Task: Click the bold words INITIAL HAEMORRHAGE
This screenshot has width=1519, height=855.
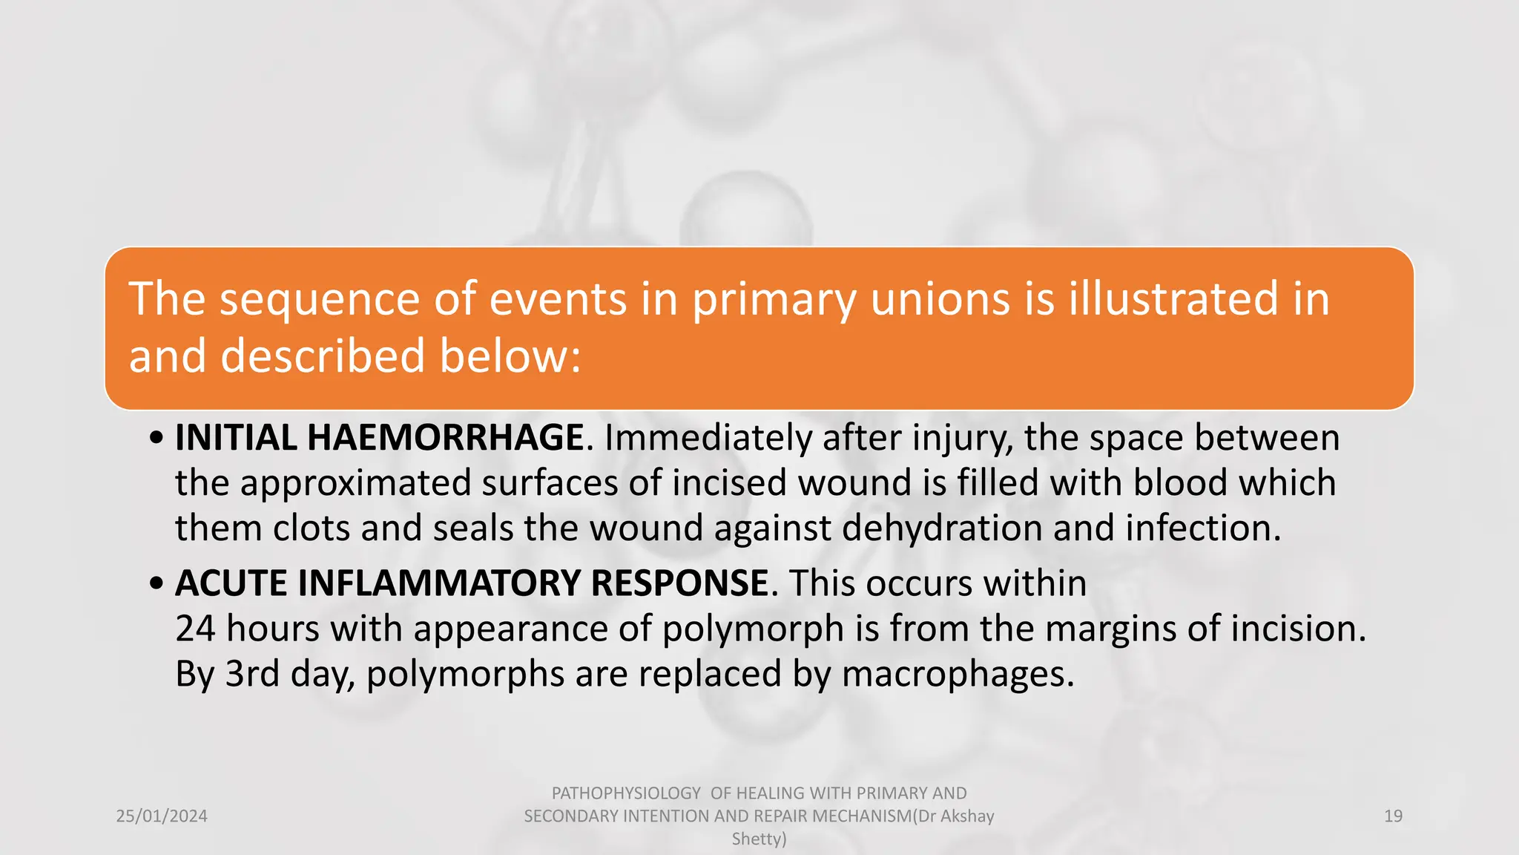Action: coord(379,437)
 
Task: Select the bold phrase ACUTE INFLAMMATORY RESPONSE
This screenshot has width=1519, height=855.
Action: coord(472,583)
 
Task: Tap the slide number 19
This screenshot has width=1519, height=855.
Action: coord(1393,816)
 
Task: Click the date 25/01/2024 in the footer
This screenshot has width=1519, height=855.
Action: coord(162,816)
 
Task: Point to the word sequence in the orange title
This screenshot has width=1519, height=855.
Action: coord(320,299)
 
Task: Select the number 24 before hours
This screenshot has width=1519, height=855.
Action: coord(195,629)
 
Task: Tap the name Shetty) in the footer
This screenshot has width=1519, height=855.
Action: coord(759,839)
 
